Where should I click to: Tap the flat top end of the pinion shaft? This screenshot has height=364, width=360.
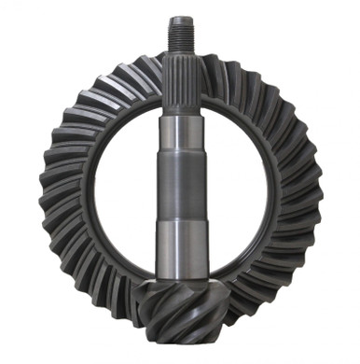[x=180, y=17]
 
